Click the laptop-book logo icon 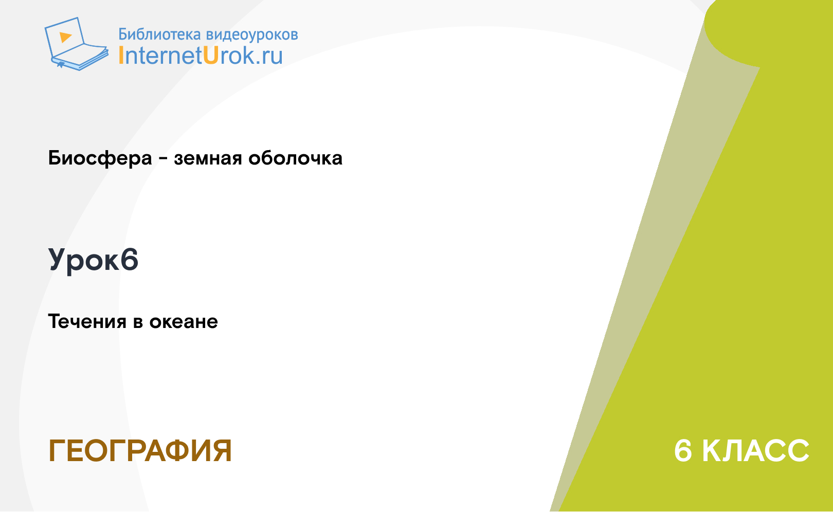[77, 44]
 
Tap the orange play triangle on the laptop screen [65, 37]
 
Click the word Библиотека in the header [159, 34]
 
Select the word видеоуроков [252, 34]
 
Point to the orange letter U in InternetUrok [210, 56]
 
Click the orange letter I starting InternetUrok [121, 56]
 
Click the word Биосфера [100, 158]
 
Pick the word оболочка [295, 158]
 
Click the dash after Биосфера [163, 159]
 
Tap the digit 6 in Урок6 [129, 260]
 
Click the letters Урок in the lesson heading [84, 261]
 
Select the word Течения [87, 322]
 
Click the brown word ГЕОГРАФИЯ [140, 451]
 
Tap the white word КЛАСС [755, 451]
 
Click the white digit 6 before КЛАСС [683, 451]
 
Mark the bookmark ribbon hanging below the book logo [61, 65]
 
